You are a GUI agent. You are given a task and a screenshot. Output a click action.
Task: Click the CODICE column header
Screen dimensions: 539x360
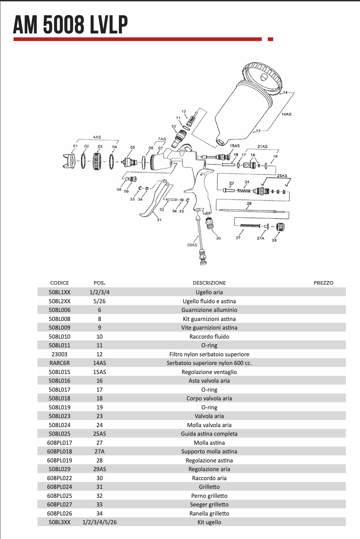59,283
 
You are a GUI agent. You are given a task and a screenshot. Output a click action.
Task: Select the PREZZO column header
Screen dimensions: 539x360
323,283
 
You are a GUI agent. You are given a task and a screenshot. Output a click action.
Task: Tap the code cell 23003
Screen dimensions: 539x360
59,354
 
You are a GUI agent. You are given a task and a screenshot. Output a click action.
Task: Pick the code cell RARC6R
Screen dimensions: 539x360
59,363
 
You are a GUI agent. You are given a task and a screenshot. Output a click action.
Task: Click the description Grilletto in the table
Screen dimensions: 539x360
209,487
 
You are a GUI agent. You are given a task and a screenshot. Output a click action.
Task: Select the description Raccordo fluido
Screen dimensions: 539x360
209,337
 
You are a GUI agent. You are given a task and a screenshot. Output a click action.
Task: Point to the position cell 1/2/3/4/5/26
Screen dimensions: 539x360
100,522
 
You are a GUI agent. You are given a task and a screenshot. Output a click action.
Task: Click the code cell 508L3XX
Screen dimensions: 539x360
59,522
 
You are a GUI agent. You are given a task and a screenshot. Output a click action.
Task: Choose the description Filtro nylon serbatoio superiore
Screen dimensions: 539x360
209,354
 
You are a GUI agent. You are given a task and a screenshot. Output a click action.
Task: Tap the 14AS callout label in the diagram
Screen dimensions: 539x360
286,114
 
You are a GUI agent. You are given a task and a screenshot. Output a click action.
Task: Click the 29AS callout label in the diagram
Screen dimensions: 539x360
192,245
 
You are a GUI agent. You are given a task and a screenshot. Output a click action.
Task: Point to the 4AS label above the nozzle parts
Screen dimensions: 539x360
97,137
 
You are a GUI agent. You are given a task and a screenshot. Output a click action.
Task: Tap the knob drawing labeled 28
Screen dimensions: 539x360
281,227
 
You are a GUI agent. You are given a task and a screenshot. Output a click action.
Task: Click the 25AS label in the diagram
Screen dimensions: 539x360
282,176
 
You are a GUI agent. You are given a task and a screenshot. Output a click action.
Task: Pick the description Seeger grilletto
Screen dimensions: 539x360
209,505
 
